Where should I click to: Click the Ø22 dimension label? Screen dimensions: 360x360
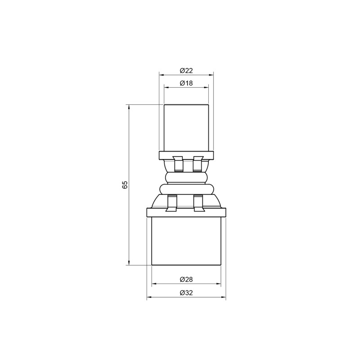point(186,71)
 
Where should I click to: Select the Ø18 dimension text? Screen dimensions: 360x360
point(186,83)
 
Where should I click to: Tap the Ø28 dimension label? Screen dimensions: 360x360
point(186,279)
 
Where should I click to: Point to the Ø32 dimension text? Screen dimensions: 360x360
point(186,292)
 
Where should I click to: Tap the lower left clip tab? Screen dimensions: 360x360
point(172,203)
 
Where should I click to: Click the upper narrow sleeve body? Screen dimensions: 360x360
point(186,128)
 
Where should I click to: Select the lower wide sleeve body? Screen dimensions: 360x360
point(186,241)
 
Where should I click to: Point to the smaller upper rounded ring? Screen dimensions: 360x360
point(186,177)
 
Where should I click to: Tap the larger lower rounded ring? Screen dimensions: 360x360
point(186,188)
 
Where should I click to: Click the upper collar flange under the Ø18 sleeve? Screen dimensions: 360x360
point(186,156)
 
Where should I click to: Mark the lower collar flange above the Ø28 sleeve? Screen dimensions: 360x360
point(186,211)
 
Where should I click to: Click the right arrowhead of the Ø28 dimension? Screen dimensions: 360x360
point(219,284)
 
